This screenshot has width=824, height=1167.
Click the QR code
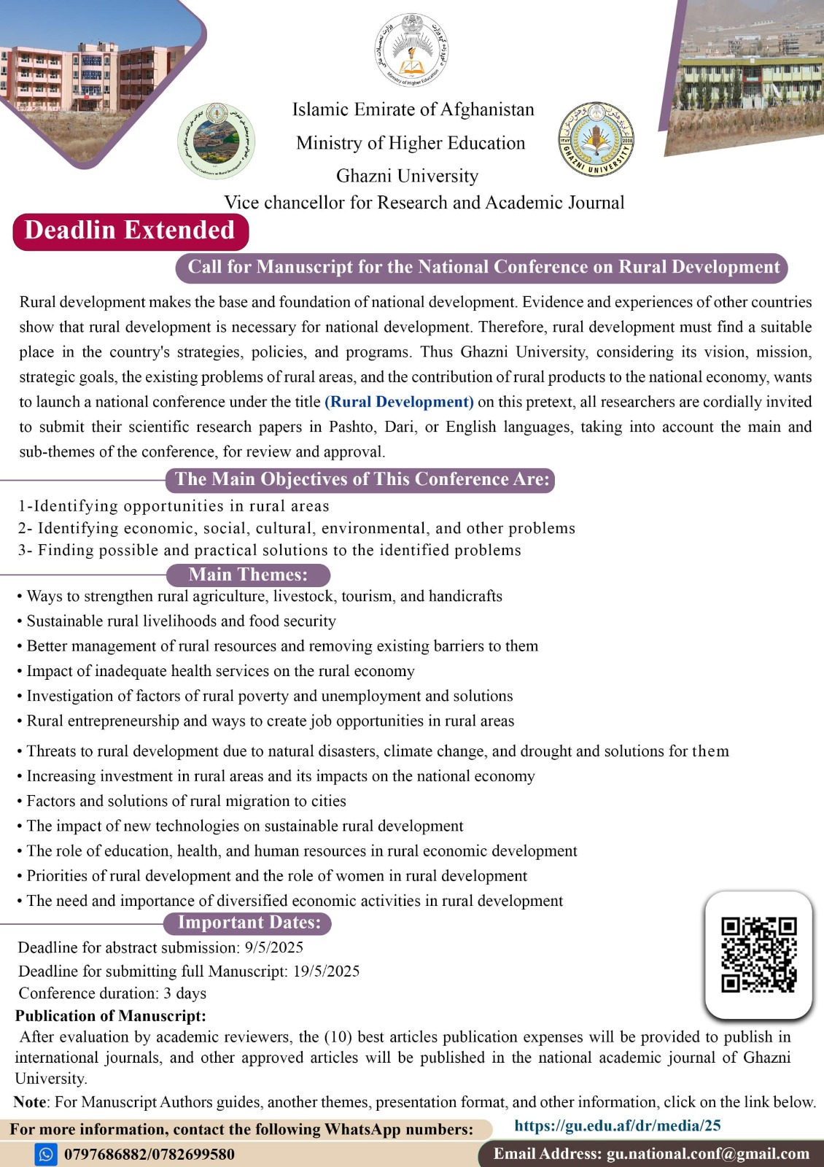758,954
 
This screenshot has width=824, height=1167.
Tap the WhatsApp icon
46,1154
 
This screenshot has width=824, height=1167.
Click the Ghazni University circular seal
596,139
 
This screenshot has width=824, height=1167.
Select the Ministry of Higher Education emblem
411,50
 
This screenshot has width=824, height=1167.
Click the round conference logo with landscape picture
216,141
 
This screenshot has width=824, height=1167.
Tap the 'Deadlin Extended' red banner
130,230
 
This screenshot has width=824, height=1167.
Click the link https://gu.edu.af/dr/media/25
617,1125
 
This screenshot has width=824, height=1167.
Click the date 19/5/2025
326,971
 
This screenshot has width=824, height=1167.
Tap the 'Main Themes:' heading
248,575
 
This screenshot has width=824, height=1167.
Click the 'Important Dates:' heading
249,923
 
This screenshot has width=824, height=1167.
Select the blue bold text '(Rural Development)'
399,402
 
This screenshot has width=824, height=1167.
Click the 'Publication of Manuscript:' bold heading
111,1015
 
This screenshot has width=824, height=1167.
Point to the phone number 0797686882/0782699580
149,1154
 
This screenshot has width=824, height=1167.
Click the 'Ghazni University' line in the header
407,176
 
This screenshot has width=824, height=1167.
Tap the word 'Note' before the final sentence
30,1101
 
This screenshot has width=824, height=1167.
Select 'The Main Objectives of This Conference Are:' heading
362,479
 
